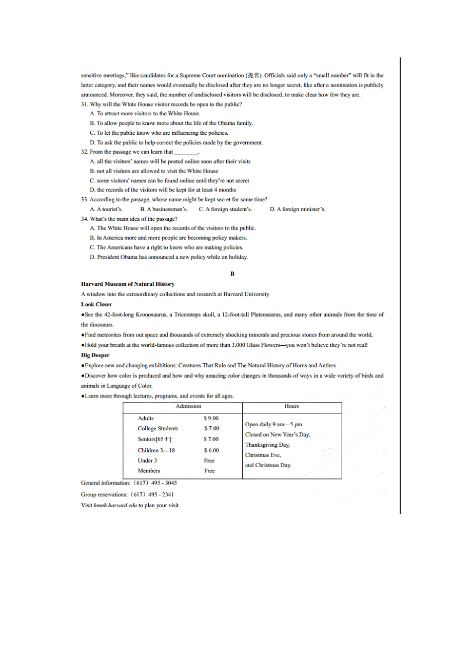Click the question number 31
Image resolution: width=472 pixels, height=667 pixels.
tap(85, 104)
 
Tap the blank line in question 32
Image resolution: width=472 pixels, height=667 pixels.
tap(186, 152)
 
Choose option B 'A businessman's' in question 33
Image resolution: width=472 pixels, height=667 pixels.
tap(164, 209)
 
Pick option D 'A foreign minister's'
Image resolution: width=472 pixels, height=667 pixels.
tap(298, 209)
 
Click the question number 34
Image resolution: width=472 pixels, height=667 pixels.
tap(85, 219)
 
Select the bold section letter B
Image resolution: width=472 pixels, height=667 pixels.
tap(232, 274)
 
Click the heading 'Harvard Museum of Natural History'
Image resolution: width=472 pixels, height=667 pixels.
tap(128, 284)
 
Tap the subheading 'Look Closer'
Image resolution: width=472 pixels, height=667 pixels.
tap(96, 304)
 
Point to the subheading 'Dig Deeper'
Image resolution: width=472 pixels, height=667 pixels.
tap(95, 355)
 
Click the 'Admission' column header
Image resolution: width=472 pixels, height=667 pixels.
tap(188, 406)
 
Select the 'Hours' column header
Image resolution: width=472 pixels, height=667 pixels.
tap(291, 406)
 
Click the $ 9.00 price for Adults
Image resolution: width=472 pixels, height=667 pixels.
tap(211, 418)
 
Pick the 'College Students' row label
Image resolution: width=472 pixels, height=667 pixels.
tap(158, 428)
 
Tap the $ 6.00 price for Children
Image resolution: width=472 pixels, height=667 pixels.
tap(211, 450)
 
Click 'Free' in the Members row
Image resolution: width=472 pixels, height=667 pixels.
tap(209, 471)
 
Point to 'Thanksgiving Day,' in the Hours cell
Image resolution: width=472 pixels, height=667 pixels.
tap(267, 445)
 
